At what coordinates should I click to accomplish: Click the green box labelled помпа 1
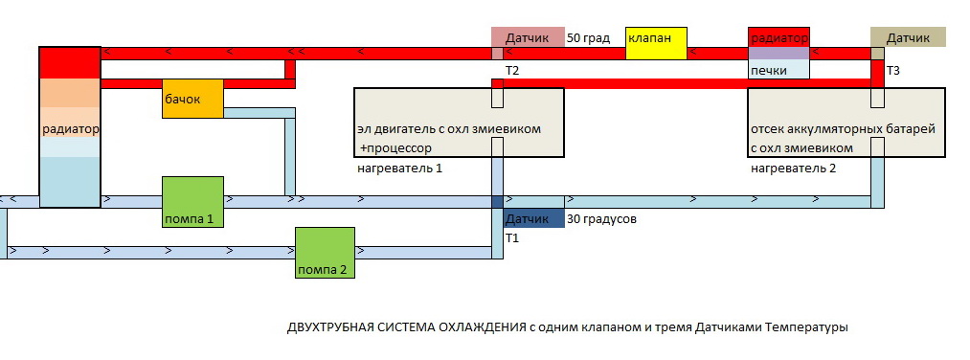(192, 202)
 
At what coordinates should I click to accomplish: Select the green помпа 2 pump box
(325, 253)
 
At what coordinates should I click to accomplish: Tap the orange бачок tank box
(192, 99)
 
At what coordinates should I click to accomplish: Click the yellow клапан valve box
(656, 43)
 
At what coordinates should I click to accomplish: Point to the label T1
(511, 238)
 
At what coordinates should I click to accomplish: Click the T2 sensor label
(511, 71)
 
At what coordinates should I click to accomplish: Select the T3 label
(892, 71)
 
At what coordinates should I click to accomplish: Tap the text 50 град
(588, 38)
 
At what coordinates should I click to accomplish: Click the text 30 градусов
(601, 219)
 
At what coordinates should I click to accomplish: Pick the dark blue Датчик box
(534, 219)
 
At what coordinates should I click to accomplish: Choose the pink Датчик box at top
(528, 37)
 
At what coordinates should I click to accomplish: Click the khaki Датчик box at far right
(908, 37)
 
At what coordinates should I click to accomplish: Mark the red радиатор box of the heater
(778, 37)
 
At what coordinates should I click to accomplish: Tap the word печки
(768, 71)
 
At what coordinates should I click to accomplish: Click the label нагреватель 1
(399, 169)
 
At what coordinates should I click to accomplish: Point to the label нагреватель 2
(793, 169)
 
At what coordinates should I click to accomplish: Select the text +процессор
(395, 149)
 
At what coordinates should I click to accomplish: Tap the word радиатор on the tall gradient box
(71, 130)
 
